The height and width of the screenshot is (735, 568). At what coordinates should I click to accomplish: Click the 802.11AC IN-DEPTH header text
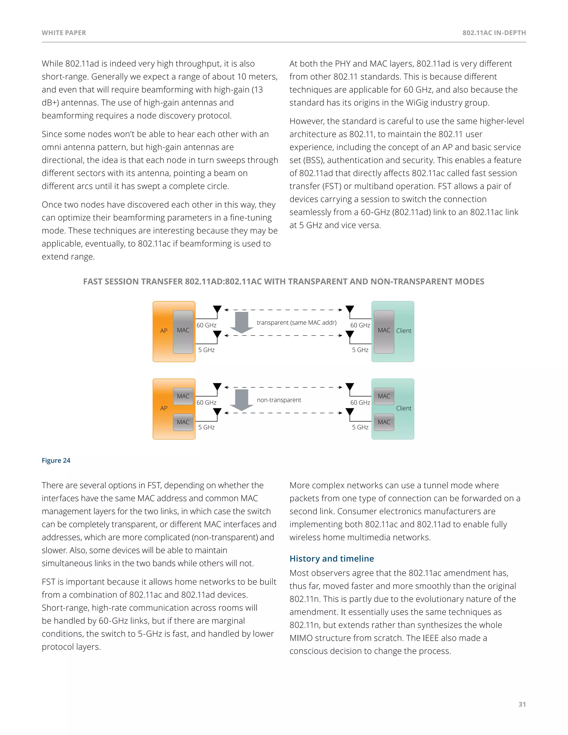click(x=494, y=33)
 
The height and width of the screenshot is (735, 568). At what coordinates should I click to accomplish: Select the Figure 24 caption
click(x=56, y=460)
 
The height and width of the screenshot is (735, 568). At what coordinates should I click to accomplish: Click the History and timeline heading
click(x=331, y=559)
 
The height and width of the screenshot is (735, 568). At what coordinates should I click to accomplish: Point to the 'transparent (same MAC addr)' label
click(x=296, y=322)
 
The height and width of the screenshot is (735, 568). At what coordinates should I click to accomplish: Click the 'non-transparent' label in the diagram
click(x=279, y=400)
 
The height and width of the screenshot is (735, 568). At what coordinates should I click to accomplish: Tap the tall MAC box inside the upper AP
click(x=183, y=331)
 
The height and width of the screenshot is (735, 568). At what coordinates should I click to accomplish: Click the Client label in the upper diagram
click(x=404, y=331)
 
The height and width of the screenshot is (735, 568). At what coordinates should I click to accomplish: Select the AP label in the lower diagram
click(x=164, y=408)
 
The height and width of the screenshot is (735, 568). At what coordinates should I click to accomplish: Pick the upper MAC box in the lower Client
click(x=384, y=396)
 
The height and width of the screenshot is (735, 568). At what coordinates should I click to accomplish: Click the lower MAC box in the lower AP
click(x=183, y=422)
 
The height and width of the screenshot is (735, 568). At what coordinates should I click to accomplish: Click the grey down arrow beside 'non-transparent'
click(x=242, y=400)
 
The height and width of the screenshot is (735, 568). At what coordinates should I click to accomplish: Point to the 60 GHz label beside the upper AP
click(x=206, y=325)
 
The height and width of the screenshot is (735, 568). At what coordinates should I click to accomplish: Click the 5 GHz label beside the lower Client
click(x=360, y=427)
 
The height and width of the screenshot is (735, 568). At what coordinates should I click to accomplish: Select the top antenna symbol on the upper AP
click(x=217, y=309)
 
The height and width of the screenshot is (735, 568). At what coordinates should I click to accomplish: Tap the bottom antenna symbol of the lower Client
click(x=350, y=412)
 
